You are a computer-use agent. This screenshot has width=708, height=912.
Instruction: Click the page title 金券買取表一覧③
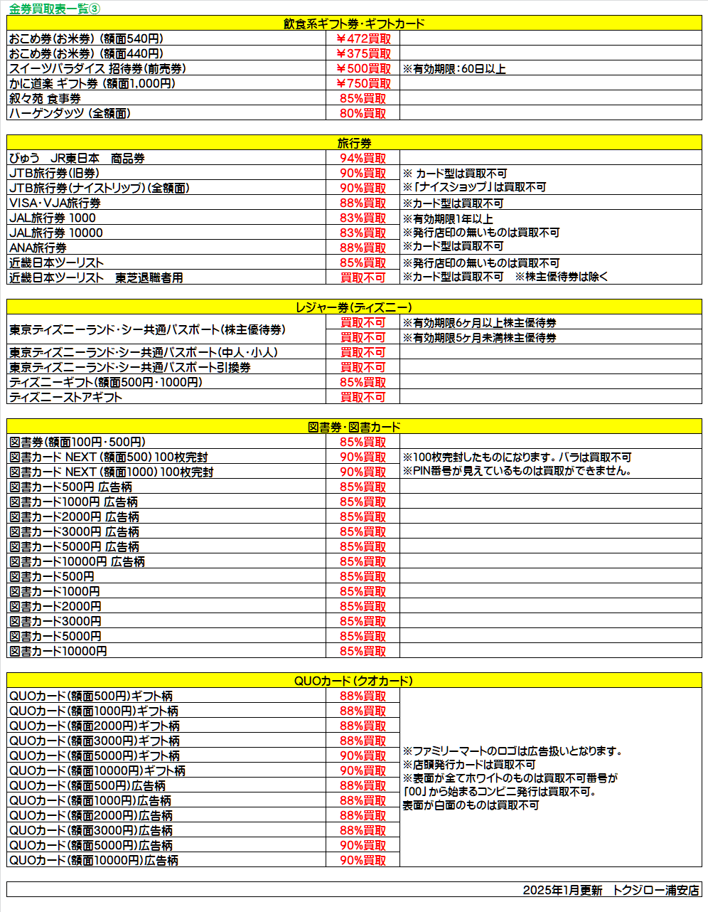pyautogui.click(x=55, y=8)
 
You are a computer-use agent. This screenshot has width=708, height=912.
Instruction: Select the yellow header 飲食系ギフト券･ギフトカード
pyautogui.click(x=354, y=23)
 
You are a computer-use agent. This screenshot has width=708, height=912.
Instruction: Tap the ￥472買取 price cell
pyautogui.click(x=363, y=38)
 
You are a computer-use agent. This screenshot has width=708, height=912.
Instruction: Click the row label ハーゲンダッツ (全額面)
pyautogui.click(x=70, y=113)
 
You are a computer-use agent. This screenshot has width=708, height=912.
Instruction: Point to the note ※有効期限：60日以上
pyautogui.click(x=454, y=69)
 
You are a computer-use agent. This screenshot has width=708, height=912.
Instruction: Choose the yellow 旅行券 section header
pyautogui.click(x=354, y=143)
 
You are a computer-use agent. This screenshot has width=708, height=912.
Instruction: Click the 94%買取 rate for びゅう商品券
pyautogui.click(x=363, y=158)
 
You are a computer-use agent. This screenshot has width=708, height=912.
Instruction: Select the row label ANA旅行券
pyautogui.click(x=38, y=248)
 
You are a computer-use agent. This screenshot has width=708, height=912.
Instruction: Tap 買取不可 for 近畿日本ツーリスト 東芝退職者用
pyautogui.click(x=363, y=277)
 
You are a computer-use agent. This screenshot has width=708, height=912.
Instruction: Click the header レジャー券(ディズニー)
pyautogui.click(x=354, y=307)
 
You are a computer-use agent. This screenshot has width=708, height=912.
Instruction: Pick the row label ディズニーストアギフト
pyautogui.click(x=65, y=397)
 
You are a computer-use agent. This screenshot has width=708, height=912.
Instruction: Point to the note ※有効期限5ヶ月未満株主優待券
pyautogui.click(x=480, y=338)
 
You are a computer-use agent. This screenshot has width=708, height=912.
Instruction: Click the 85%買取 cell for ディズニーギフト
pyautogui.click(x=363, y=382)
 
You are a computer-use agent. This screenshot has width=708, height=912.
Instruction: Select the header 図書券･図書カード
pyautogui.click(x=354, y=427)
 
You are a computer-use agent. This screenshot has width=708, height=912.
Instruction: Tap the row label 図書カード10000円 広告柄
pyautogui.click(x=77, y=561)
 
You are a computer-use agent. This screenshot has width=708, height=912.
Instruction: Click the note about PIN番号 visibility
pyautogui.click(x=517, y=471)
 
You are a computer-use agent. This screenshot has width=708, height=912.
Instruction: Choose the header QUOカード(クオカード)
pyautogui.click(x=354, y=681)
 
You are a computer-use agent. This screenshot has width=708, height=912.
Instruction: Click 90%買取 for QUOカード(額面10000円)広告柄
pyautogui.click(x=363, y=860)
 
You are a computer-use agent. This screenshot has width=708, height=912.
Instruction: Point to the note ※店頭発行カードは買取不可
pyautogui.click(x=469, y=765)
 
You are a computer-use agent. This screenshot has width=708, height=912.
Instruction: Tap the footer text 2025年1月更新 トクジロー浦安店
pyautogui.click(x=611, y=890)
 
